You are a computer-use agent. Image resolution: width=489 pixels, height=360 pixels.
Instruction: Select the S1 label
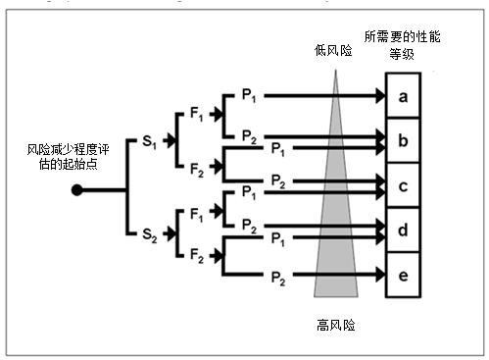(x=149, y=142)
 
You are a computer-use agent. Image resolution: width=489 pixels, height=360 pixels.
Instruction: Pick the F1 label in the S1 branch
(x=195, y=119)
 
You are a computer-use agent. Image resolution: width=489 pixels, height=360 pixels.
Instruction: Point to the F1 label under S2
(x=195, y=211)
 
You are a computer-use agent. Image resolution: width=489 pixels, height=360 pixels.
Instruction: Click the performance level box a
(x=403, y=97)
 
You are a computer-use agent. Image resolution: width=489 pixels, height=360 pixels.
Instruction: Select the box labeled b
(x=403, y=139)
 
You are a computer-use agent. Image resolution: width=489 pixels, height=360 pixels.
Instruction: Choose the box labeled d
(x=403, y=230)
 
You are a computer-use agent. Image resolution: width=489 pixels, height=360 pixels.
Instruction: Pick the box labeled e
(x=403, y=275)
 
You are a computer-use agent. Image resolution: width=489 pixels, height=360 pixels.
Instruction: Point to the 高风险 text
(x=335, y=325)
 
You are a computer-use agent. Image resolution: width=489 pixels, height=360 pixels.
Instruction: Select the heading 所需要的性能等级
(x=403, y=43)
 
